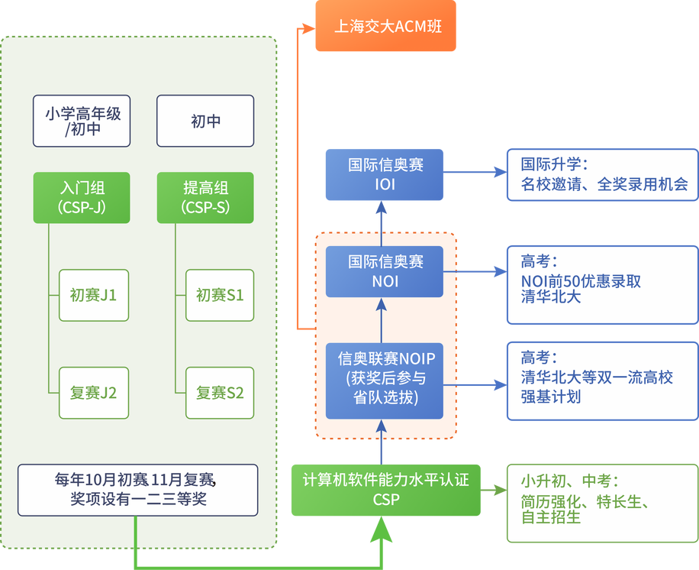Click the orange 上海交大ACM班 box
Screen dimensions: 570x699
coord(385,27)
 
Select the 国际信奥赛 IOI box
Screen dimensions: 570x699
coord(385,175)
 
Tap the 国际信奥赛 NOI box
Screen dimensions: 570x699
coord(385,271)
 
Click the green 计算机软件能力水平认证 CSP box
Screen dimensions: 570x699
coord(385,489)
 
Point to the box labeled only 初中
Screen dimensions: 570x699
coord(205,121)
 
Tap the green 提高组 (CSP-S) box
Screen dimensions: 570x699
coord(205,197)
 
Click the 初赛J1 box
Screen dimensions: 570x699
coord(94,295)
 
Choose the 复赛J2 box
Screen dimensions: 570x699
coord(94,393)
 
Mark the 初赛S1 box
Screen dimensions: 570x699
coord(220,295)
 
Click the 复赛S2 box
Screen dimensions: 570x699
coord(220,393)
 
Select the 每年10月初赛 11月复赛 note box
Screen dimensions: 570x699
coord(137,490)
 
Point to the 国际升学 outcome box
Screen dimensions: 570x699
coord(602,175)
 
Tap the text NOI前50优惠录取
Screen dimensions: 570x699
coord(581,281)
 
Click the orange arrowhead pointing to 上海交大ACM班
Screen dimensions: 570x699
coord(308,28)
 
